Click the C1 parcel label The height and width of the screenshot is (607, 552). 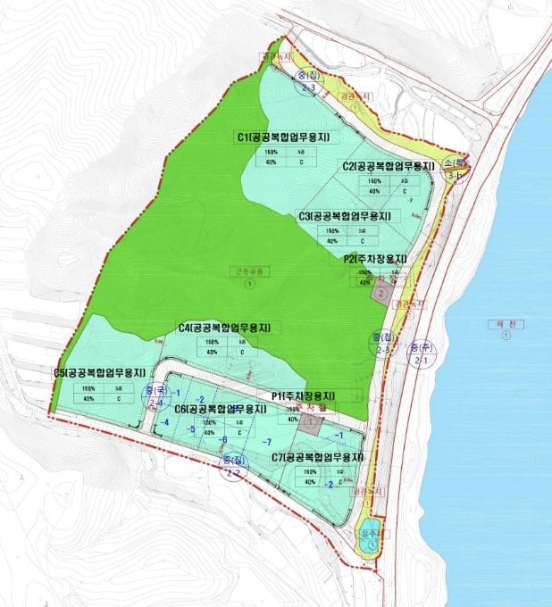pos(283,137)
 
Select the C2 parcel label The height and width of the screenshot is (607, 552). pos(387,166)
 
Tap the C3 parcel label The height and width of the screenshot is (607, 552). pos(344,216)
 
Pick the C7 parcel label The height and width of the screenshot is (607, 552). pos(318,457)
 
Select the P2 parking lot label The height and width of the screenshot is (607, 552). pos(374,259)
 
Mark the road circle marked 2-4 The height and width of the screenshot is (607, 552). pos(157,397)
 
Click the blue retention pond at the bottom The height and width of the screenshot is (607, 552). pos(369,533)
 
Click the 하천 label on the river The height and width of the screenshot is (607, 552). pos(505,324)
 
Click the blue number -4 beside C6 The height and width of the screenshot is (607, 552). pos(164,421)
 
